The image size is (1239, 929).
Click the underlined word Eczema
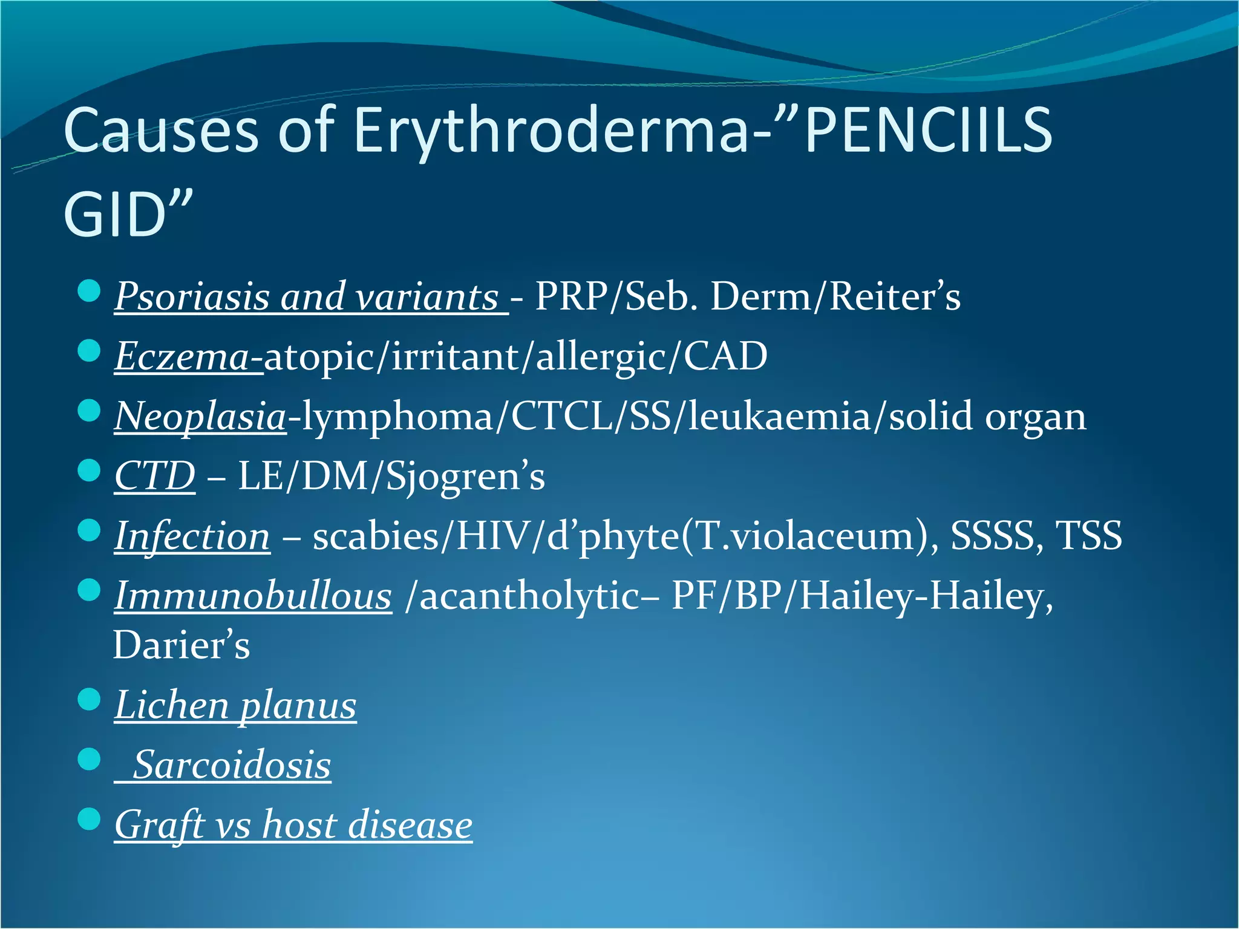pos(181,356)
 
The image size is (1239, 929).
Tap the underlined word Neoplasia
pos(200,417)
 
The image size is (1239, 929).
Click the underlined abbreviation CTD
pos(155,476)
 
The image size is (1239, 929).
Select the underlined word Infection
pos(192,536)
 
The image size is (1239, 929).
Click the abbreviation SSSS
pos(992,536)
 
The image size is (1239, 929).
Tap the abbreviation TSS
pos(1088,536)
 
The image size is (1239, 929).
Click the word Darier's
pos(181,645)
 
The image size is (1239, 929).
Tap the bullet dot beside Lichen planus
pos(89,700)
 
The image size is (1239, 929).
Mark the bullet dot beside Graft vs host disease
pos(89,820)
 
